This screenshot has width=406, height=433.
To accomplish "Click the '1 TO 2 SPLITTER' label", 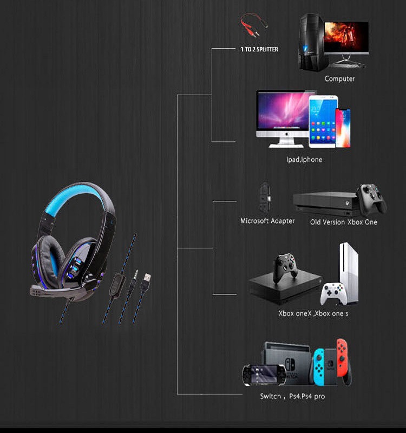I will pos(259,49).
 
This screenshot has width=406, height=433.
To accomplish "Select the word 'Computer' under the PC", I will pos(339,78).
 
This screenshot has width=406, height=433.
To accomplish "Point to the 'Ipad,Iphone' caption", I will pos(304,160).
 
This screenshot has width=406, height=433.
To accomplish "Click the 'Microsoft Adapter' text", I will pos(267,221).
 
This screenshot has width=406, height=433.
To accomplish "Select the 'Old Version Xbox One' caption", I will pos(343,222).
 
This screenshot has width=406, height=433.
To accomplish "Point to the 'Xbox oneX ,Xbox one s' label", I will pos(313,313).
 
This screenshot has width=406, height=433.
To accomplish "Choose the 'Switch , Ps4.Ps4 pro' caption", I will pos(292,397).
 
